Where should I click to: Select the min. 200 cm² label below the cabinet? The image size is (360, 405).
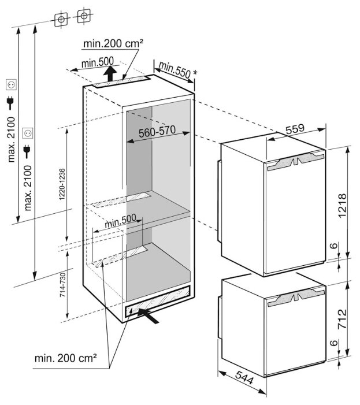coord(65,358)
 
